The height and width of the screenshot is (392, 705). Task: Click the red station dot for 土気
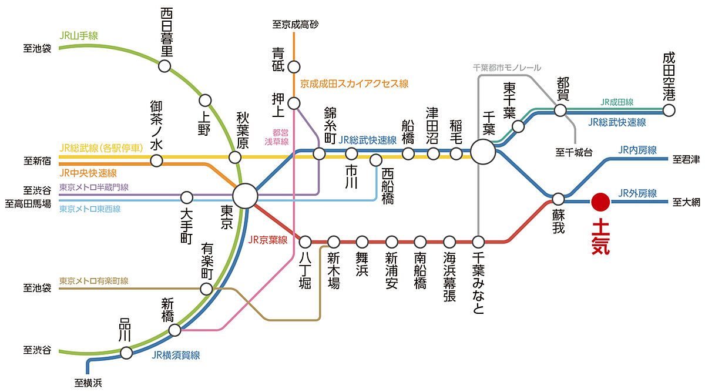pyautogui.click(x=600, y=202)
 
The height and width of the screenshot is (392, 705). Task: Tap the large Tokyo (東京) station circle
pyautogui.click(x=245, y=196)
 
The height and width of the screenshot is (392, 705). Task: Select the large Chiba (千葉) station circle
pyautogui.click(x=483, y=152)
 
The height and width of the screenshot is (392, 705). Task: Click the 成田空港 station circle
pyautogui.click(x=669, y=110)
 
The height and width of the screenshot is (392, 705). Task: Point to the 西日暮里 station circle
pyautogui.click(x=164, y=66)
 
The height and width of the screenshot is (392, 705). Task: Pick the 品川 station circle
pyautogui.click(x=126, y=353)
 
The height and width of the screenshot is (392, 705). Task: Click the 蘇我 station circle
pyautogui.click(x=558, y=199)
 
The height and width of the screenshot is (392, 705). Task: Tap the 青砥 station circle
pyautogui.click(x=294, y=67)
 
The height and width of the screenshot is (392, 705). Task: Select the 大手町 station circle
pyautogui.click(x=187, y=197)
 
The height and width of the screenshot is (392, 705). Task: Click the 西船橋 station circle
pyautogui.click(x=376, y=160)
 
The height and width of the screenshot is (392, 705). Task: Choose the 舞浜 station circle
pyautogui.click(x=362, y=242)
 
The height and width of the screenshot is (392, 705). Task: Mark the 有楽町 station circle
pyautogui.click(x=206, y=289)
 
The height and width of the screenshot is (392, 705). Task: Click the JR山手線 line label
pyautogui.click(x=79, y=36)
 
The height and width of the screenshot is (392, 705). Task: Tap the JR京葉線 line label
pyautogui.click(x=268, y=240)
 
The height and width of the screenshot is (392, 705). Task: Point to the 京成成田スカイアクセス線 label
pyautogui.click(x=354, y=84)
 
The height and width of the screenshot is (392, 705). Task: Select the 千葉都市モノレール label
pyautogui.click(x=507, y=68)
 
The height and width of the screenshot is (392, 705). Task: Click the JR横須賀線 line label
pyautogui.click(x=176, y=355)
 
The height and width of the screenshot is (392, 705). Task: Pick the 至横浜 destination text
pyautogui.click(x=88, y=383)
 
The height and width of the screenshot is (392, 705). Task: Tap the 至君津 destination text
pyautogui.click(x=686, y=159)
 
